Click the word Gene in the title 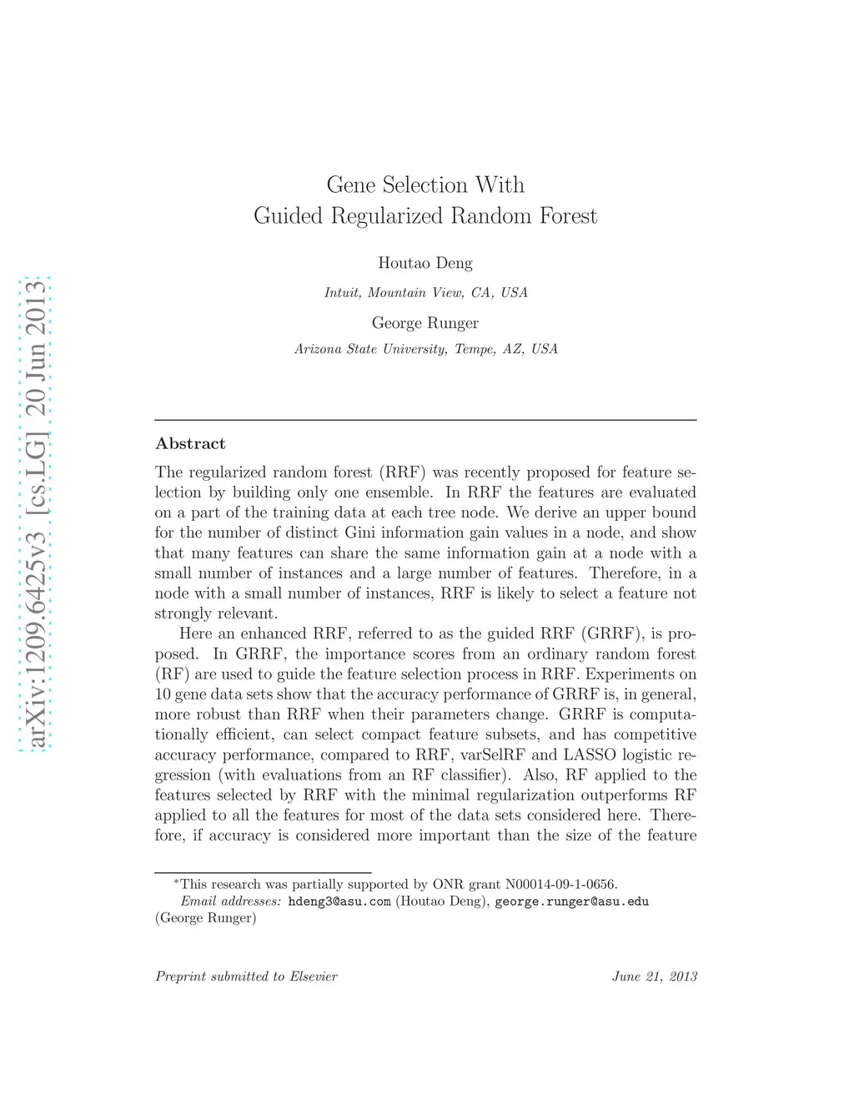pos(351,185)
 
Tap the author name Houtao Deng pos(425,263)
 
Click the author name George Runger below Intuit pos(425,323)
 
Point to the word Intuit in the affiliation pos(342,293)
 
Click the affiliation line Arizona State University pos(425,349)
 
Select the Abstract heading pos(190,444)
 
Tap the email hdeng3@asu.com pos(339,901)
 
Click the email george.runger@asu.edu pos(571,901)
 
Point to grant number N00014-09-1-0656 pos(560,884)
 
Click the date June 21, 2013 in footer pos(655,977)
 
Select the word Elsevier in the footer pos(314,977)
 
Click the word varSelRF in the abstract pos(491,755)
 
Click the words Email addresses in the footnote pos(231,901)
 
